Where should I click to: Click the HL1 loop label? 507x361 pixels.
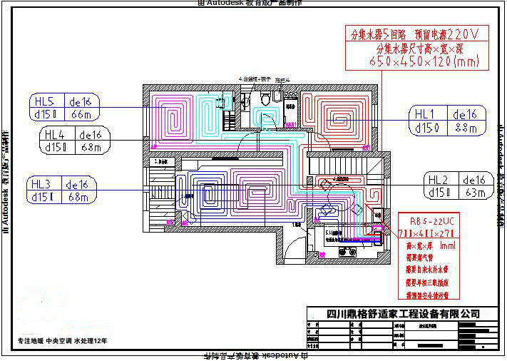[x=426, y=114]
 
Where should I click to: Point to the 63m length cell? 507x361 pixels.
[x=475, y=193]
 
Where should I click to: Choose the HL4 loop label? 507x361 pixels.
[x=55, y=134]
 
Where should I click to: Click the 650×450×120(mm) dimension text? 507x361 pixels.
[x=414, y=62]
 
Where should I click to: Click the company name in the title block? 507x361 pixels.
[x=402, y=313]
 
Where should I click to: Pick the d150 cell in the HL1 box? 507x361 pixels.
[x=429, y=128]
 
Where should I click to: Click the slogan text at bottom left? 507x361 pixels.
[x=63, y=341]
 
